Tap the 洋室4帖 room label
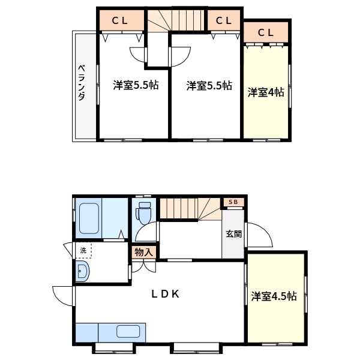[266, 92]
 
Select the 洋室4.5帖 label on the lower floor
[274, 296]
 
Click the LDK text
[165, 294]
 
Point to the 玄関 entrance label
[234, 234]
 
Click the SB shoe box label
[234, 203]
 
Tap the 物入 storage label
[143, 252]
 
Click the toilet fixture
[143, 214]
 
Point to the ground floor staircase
[189, 209]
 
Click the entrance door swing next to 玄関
[258, 235]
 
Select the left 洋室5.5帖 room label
[136, 86]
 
